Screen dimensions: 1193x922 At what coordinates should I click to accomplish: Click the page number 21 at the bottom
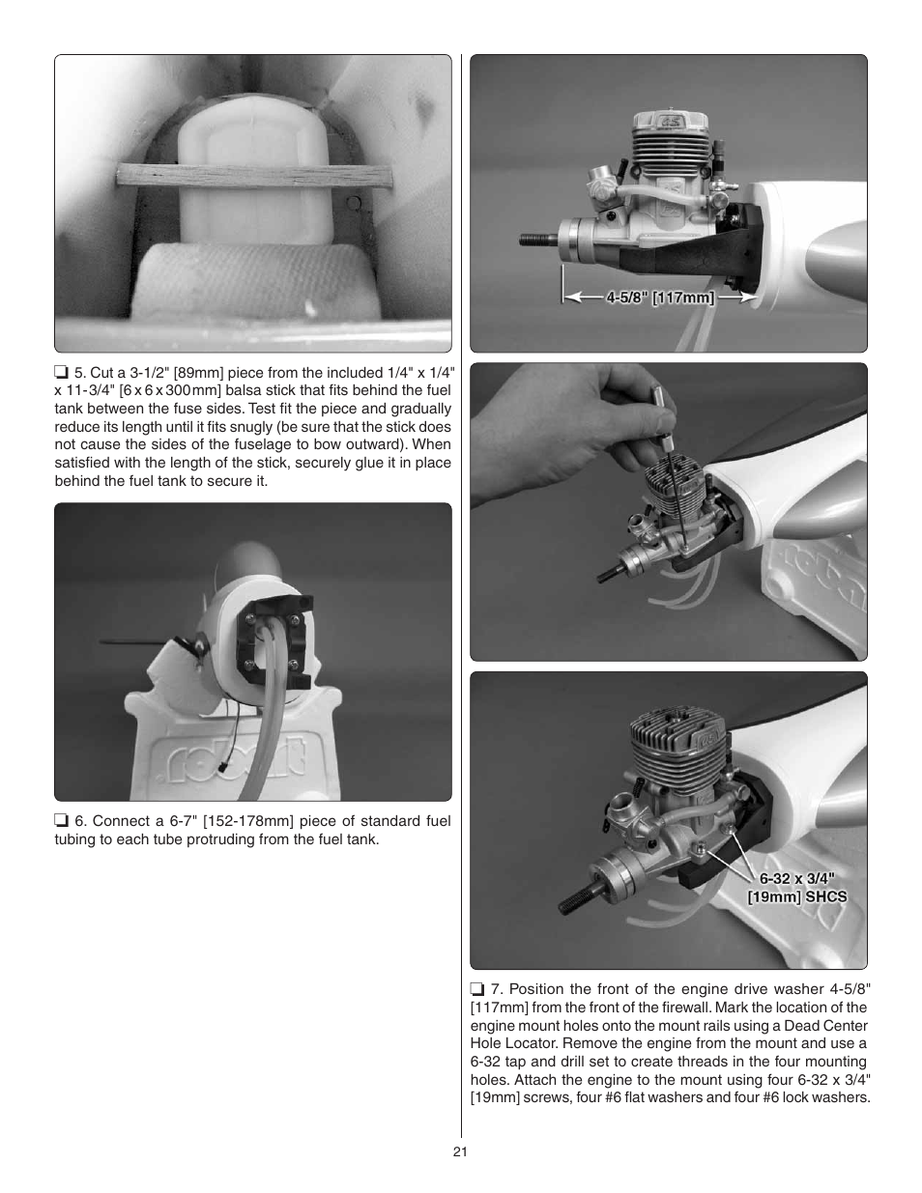coord(460,1151)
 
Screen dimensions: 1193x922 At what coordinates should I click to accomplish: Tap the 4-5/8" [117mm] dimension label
coord(660,298)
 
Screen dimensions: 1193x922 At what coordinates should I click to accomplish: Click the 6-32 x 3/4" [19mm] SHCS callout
coord(796,888)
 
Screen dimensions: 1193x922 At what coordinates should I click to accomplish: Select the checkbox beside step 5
coord(61,373)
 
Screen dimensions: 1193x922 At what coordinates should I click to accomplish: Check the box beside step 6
coord(61,822)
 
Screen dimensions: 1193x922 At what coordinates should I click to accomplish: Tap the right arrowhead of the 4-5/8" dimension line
coord(745,298)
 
